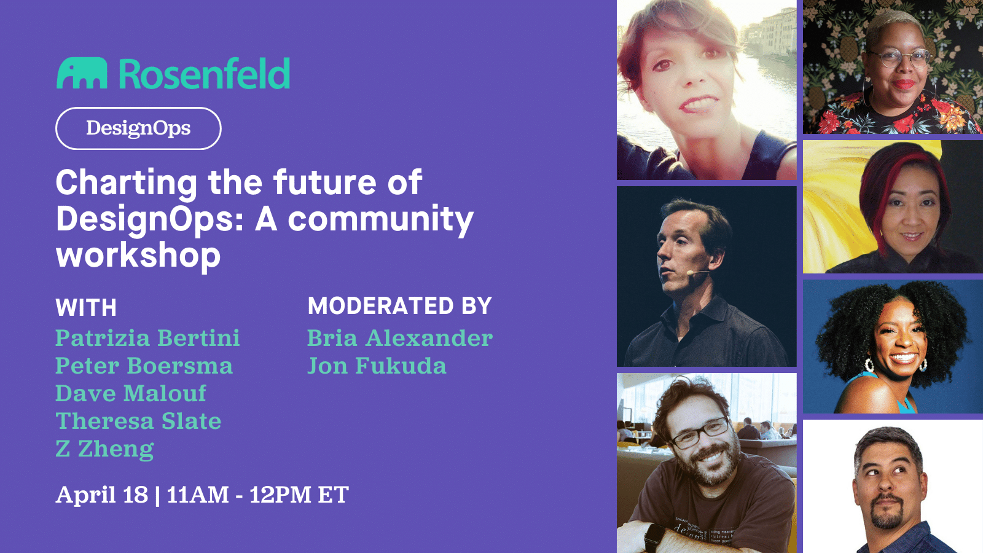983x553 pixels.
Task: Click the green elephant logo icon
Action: (82, 74)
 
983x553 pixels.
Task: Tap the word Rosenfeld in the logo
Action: (204, 74)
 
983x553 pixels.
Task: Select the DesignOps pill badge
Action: (138, 128)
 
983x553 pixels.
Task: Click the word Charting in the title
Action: (127, 183)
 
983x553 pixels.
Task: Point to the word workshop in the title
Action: (138, 256)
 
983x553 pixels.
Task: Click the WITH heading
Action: (86, 308)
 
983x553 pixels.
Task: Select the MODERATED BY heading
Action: (400, 306)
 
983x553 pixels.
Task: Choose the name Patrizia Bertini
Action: (147, 338)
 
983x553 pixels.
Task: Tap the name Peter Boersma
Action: (144, 366)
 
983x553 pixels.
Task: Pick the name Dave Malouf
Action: (131, 393)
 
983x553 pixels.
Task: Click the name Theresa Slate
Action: (138, 421)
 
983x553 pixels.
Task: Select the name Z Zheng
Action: (104, 449)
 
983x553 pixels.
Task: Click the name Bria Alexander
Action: (400, 338)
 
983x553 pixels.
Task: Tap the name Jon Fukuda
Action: (377, 366)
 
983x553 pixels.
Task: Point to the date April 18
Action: (102, 495)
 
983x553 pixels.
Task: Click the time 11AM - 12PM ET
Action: (258, 495)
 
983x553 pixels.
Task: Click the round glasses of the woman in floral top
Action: (900, 59)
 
